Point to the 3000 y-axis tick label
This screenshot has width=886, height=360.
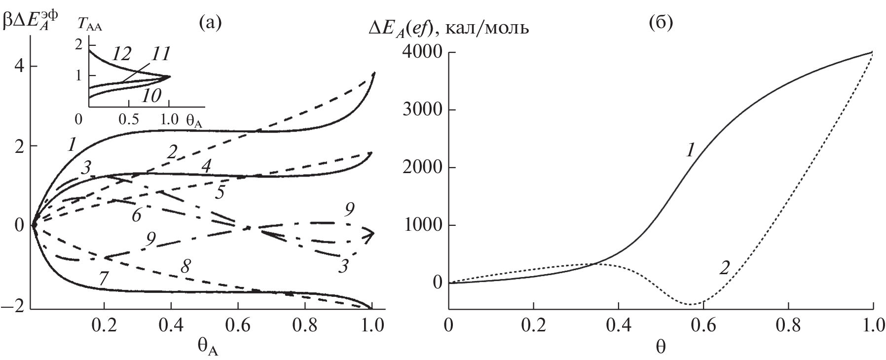423,110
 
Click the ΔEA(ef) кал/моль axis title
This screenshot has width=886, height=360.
449,29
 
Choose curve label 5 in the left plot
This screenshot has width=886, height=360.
219,192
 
